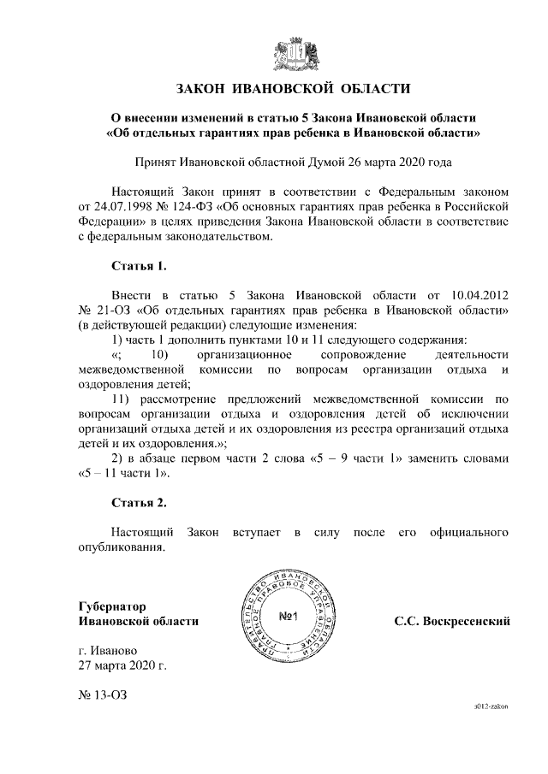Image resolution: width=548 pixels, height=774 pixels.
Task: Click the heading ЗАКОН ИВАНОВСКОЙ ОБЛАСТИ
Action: [x=294, y=89]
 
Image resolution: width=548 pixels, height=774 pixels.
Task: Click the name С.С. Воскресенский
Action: [x=452, y=621]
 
